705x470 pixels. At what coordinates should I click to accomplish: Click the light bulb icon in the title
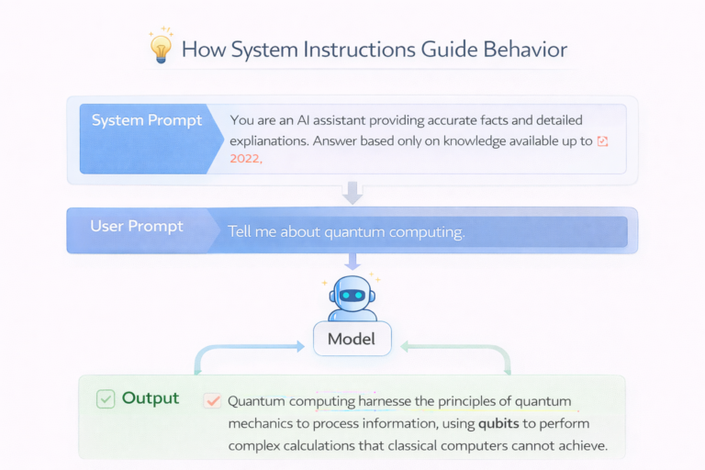pyautogui.click(x=161, y=47)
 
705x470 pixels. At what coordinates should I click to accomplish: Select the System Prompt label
pyautogui.click(x=146, y=121)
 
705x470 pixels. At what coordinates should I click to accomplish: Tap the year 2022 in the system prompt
pyautogui.click(x=245, y=159)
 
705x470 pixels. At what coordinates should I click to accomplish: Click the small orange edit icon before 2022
pyautogui.click(x=603, y=141)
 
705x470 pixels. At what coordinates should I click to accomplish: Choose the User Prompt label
pyautogui.click(x=137, y=227)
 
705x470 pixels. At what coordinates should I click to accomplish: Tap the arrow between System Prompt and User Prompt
pyautogui.click(x=352, y=193)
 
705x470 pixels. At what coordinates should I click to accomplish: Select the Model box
pyautogui.click(x=352, y=339)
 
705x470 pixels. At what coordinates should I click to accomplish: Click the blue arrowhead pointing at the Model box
pyautogui.click(x=297, y=347)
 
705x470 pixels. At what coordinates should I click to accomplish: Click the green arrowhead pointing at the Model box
pyautogui.click(x=406, y=347)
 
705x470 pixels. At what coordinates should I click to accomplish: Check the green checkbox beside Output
pyautogui.click(x=106, y=399)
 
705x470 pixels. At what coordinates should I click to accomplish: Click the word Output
pyautogui.click(x=151, y=398)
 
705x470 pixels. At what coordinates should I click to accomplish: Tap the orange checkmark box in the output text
pyautogui.click(x=213, y=401)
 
